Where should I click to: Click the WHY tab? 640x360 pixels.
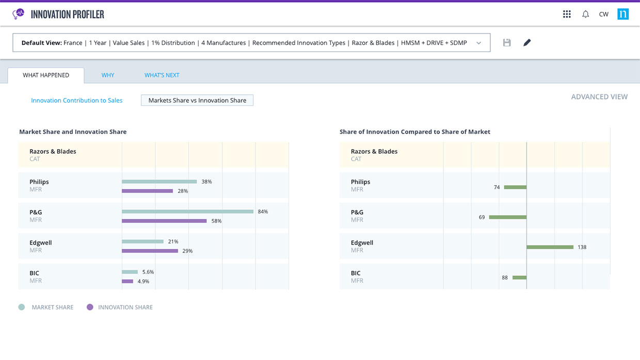click(x=108, y=75)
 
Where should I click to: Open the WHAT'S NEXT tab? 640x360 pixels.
click(x=162, y=75)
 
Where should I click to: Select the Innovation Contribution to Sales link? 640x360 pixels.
click(x=76, y=100)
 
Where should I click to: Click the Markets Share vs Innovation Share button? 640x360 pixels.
click(x=197, y=100)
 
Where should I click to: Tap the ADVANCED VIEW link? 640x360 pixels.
click(x=599, y=97)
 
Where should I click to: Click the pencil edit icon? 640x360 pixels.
click(x=527, y=42)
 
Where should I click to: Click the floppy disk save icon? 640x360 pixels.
click(x=507, y=42)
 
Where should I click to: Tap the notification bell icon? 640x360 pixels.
click(x=585, y=14)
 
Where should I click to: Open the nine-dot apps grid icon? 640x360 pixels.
click(x=567, y=14)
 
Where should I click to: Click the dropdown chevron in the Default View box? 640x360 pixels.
click(x=479, y=43)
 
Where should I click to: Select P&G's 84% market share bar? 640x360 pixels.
click(x=187, y=211)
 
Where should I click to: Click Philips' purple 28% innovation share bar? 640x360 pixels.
click(x=147, y=191)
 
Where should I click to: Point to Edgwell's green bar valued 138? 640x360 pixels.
click(x=550, y=247)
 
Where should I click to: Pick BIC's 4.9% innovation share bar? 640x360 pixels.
click(x=127, y=282)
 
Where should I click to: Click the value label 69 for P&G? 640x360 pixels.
click(x=482, y=217)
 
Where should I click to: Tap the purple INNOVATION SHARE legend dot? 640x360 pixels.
click(x=90, y=307)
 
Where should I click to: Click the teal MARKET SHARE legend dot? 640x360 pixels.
click(x=22, y=307)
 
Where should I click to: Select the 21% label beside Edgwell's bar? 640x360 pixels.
click(x=173, y=241)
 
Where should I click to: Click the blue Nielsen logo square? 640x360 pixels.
click(x=623, y=14)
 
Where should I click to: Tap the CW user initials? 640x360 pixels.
click(x=604, y=14)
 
